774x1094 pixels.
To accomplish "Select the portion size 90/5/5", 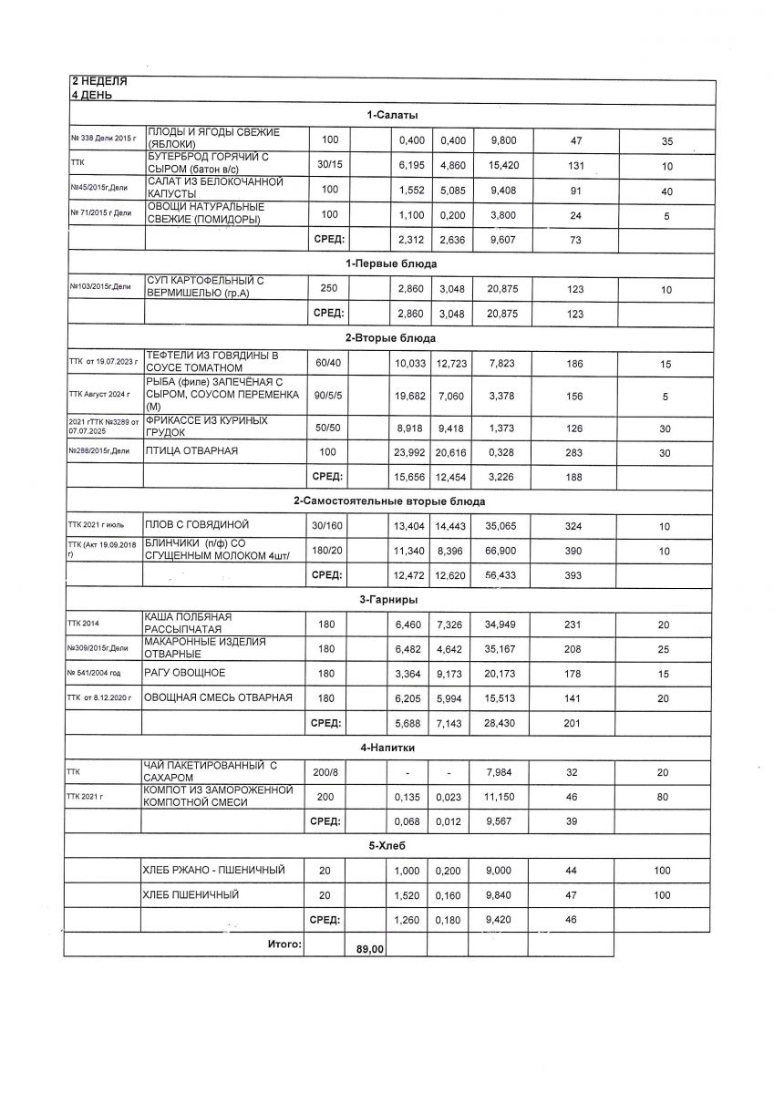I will click(x=327, y=395).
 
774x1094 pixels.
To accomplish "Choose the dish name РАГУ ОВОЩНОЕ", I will click(x=186, y=673).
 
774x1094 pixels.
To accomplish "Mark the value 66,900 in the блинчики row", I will click(x=501, y=551).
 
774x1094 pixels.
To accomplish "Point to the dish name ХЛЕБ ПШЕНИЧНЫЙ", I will click(x=191, y=895).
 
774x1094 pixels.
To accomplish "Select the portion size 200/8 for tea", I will click(x=325, y=772).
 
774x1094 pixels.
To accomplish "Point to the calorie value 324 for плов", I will click(x=573, y=526).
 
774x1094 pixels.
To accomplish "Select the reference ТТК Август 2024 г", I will click(x=99, y=395).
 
